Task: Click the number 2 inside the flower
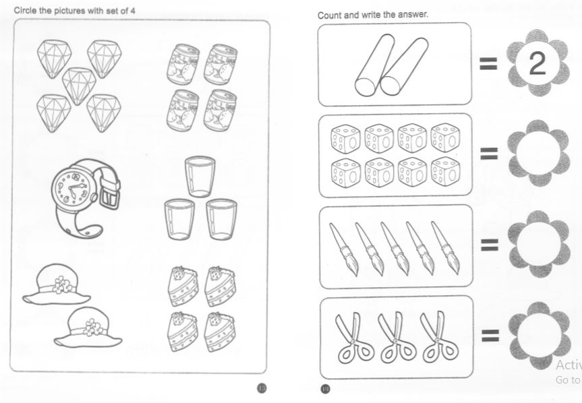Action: tap(537, 64)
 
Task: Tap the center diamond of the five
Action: tap(78, 83)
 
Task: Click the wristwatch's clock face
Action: tap(72, 187)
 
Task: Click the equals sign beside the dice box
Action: tap(489, 154)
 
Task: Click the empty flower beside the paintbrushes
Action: tap(537, 244)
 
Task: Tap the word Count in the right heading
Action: tap(329, 15)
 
